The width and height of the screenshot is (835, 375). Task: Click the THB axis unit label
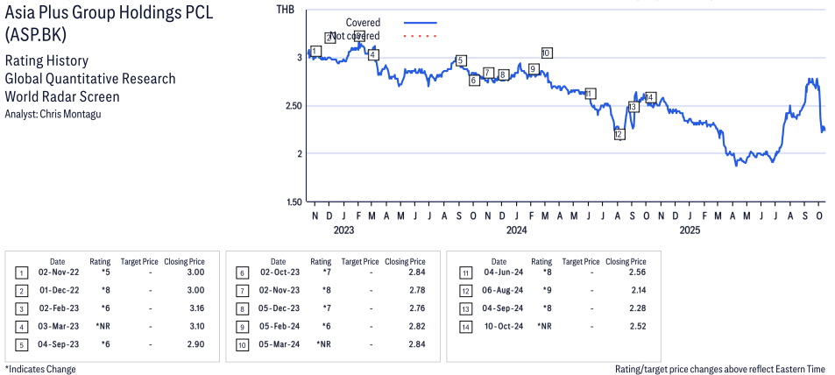click(286, 10)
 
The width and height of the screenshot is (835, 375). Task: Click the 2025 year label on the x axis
click(690, 230)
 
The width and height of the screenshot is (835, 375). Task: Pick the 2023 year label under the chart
click(343, 230)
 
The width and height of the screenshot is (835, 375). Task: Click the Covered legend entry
click(363, 22)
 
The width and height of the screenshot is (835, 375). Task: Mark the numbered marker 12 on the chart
click(619, 135)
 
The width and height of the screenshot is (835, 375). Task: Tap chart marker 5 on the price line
click(461, 60)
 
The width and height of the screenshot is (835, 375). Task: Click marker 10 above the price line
click(546, 53)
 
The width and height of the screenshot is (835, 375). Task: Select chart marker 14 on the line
click(649, 96)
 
